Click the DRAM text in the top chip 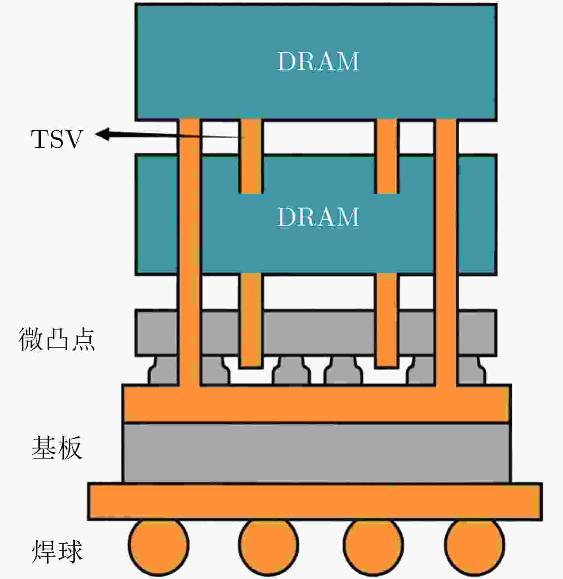click(318, 61)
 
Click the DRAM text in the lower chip click(318, 217)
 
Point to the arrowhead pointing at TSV click(103, 134)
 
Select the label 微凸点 click(56, 340)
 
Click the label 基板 click(56, 448)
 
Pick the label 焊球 click(56, 551)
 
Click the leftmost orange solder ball click(158, 546)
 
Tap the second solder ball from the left click(268, 546)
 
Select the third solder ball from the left click(373, 546)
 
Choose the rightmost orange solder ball click(474, 546)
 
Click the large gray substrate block click(316, 453)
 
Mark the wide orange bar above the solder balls click(315, 501)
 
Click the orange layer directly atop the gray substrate click(316, 404)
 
